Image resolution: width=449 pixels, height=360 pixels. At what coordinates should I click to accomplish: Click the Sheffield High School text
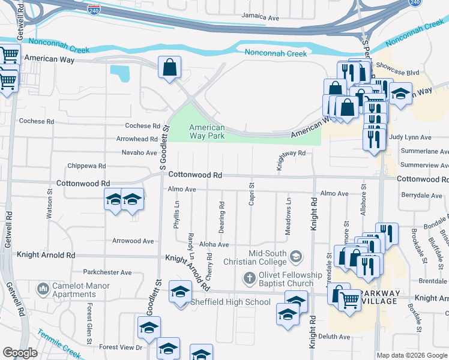231,302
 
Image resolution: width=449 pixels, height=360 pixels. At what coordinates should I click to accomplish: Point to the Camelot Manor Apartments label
83,290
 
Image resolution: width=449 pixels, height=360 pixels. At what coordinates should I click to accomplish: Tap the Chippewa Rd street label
86,166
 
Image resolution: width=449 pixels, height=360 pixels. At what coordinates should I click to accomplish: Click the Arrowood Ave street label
133,241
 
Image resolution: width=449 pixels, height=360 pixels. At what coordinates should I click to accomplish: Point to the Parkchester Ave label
107,272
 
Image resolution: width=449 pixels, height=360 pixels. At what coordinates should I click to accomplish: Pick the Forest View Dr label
121,347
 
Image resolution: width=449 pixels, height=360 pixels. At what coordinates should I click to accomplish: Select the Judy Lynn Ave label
418,137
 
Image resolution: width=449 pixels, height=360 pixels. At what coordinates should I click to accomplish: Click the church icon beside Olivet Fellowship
249,278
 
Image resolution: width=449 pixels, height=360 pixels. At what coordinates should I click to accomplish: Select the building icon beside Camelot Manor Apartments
43,290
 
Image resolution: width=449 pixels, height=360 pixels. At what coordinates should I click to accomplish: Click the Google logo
20,353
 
